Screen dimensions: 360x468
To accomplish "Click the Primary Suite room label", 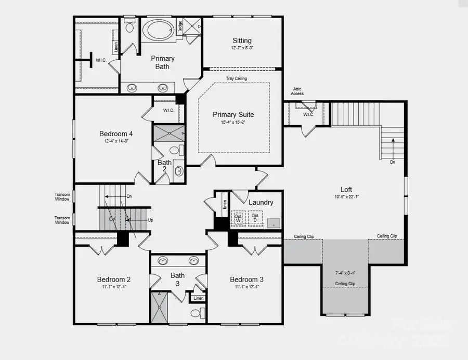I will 233,115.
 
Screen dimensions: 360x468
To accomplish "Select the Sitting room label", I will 242,41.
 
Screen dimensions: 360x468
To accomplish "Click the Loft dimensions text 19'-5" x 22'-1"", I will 346,197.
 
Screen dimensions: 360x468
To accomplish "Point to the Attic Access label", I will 297,91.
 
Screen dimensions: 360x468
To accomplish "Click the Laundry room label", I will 261,202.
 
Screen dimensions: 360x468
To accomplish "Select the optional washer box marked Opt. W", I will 239,218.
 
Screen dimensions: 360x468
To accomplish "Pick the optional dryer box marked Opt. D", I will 255,218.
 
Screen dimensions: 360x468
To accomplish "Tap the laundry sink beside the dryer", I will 274,223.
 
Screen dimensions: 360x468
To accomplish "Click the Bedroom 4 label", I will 116,134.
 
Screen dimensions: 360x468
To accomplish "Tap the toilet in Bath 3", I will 196,313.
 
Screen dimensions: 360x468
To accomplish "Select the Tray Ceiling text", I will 236,78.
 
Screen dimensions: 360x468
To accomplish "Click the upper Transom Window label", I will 62,197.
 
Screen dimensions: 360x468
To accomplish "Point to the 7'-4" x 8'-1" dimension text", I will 345,272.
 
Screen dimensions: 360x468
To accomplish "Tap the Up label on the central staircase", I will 150,220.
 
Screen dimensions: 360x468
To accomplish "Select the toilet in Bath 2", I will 175,151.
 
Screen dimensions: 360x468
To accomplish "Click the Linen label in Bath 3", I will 198,298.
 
